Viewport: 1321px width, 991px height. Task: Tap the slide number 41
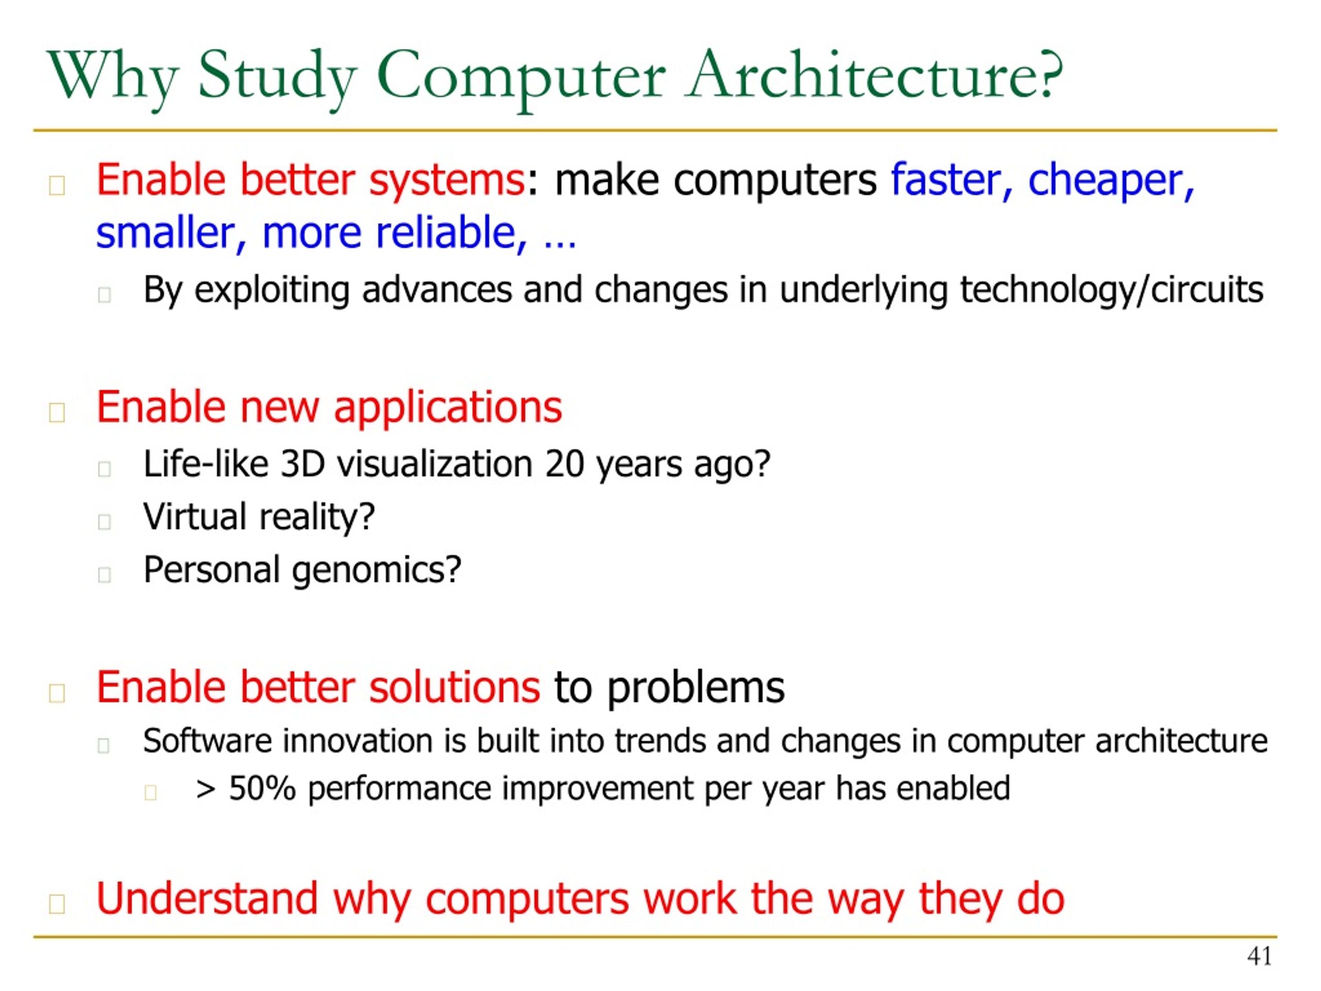pyautogui.click(x=1259, y=956)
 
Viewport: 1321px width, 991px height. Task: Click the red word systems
pyautogui.click(x=447, y=181)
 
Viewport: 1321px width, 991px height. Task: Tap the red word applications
pyautogui.click(x=447, y=408)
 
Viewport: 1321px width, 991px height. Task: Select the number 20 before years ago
pyautogui.click(x=564, y=464)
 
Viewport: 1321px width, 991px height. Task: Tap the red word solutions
pyautogui.click(x=454, y=688)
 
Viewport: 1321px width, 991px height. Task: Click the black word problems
pyautogui.click(x=695, y=688)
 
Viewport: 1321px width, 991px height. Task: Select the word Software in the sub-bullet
pyautogui.click(x=207, y=741)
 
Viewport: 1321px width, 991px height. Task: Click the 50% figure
pyautogui.click(x=262, y=789)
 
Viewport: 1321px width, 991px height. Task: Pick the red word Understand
pyautogui.click(x=206, y=899)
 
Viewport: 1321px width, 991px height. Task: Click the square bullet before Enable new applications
pyautogui.click(x=57, y=412)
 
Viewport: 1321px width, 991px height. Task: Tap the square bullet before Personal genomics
pyautogui.click(x=105, y=574)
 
